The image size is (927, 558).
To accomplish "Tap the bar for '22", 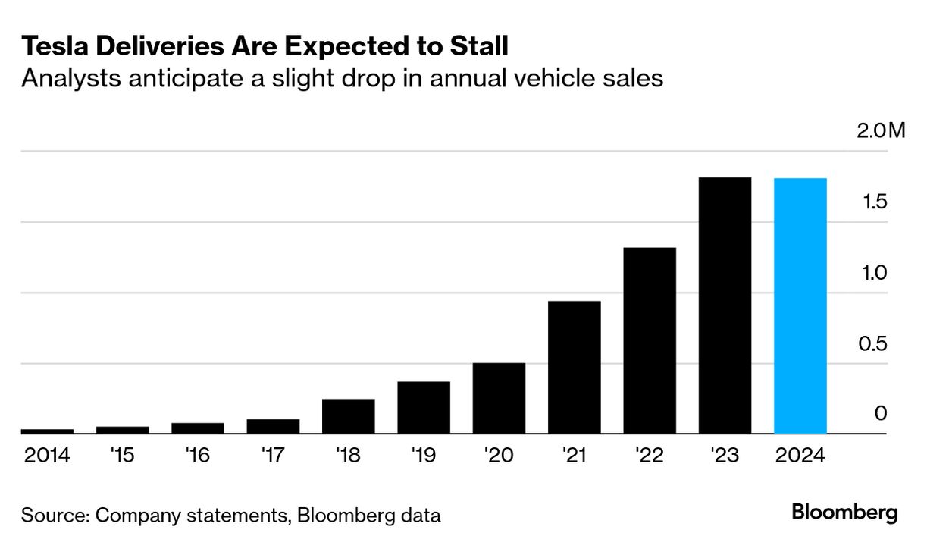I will [650, 340].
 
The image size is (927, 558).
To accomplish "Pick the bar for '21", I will [574, 368].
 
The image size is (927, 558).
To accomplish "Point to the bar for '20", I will [499, 399].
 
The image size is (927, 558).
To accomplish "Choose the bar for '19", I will [424, 408].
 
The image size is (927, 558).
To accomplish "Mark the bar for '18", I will [348, 416].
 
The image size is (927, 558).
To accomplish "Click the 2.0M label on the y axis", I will [881, 131].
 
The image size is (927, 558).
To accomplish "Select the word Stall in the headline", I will [477, 47].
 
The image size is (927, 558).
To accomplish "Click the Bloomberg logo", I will [844, 513].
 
